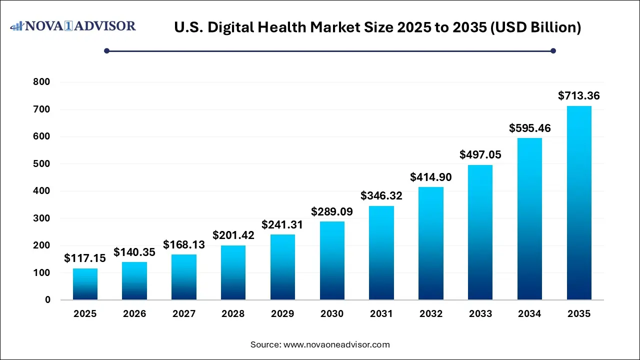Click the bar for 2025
[85, 284]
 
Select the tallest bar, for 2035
[579, 203]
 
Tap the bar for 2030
[332, 260]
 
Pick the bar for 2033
[480, 232]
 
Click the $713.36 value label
[579, 95]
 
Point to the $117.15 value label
[85, 258]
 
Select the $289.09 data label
[332, 211]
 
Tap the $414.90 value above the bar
[430, 177]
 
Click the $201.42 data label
[233, 235]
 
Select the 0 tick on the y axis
[47, 300]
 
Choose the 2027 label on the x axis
[184, 314]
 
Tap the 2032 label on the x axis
[430, 314]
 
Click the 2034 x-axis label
[529, 314]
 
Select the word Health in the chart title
[283, 28]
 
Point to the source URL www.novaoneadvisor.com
[336, 344]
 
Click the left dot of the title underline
[106, 50]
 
